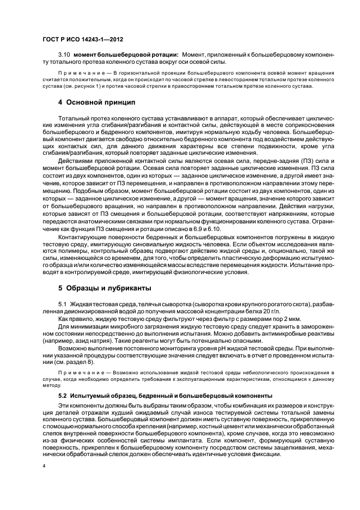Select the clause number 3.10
coord(64,54)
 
